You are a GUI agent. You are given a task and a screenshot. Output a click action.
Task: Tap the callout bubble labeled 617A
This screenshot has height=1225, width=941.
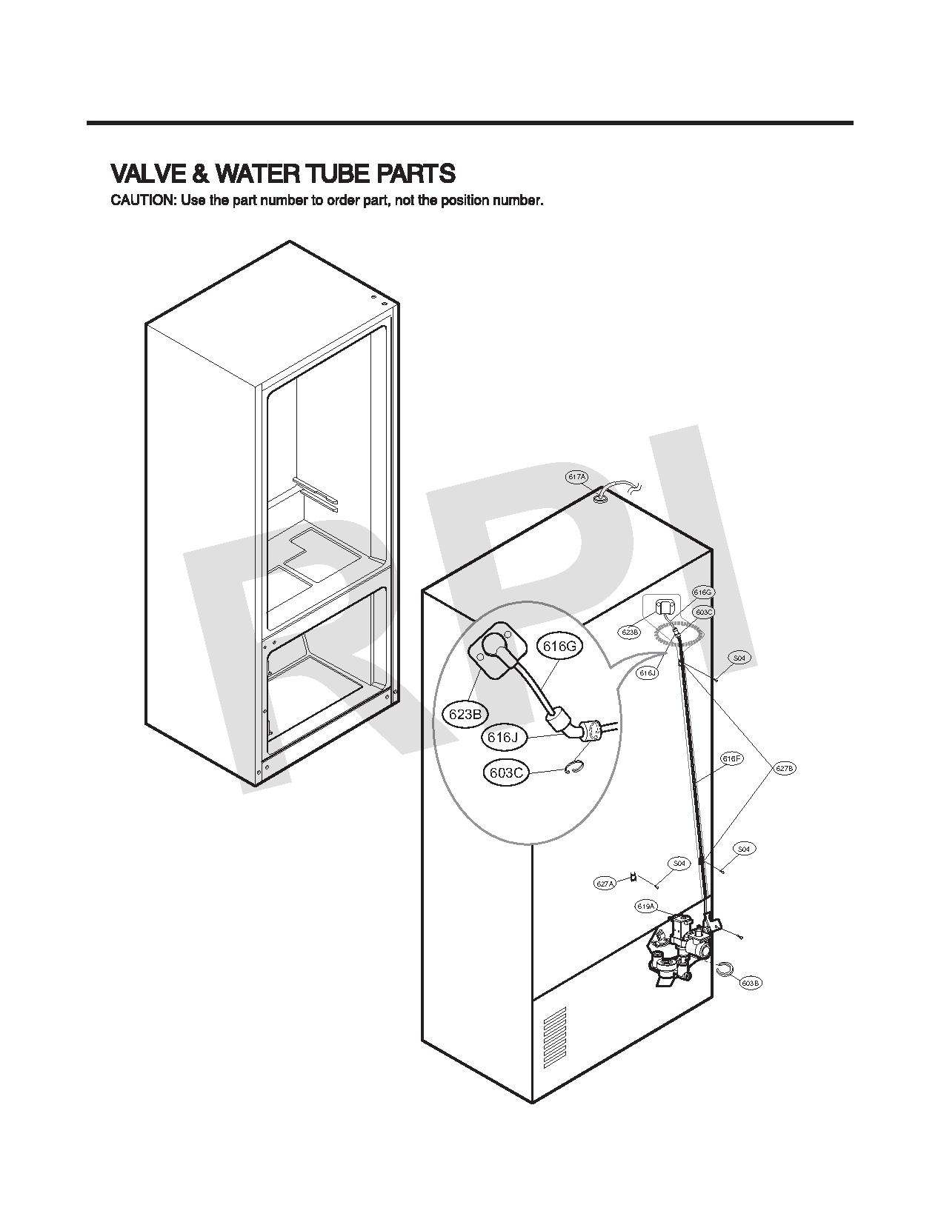pos(576,478)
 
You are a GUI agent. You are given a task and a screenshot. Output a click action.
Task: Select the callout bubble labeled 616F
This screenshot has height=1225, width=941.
pos(731,758)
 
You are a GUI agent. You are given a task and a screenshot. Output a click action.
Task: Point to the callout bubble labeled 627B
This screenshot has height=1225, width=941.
pos(785,769)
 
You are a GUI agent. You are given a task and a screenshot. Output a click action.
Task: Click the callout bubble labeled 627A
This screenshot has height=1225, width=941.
pos(605,884)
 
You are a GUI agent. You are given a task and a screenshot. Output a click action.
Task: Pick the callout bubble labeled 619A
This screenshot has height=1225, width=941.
pos(645,907)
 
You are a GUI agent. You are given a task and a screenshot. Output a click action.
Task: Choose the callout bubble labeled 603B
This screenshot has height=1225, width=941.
pos(750,983)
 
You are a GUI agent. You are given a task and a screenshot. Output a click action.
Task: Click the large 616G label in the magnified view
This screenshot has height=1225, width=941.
pos(559,647)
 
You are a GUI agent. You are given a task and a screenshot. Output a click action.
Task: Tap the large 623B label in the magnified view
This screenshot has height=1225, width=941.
pos(465,714)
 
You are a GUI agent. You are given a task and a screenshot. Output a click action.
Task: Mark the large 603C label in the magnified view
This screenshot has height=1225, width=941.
pos(508,773)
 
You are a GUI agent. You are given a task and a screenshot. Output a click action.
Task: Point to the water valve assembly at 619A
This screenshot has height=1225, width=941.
pos(678,948)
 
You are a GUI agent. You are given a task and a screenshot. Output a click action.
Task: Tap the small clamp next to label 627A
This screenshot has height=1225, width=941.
pos(634,877)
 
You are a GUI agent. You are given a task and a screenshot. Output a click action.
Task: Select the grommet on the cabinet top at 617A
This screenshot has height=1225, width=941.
pos(601,498)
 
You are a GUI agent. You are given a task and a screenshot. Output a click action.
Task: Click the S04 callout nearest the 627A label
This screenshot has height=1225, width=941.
pos(678,864)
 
